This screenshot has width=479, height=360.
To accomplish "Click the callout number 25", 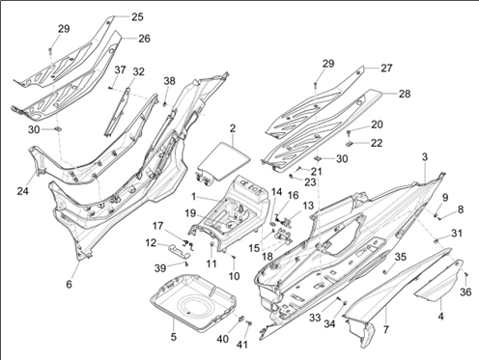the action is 137,16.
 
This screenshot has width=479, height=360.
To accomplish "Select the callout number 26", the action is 144,39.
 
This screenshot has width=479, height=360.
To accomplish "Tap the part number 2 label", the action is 233,128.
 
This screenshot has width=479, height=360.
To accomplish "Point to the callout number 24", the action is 23,191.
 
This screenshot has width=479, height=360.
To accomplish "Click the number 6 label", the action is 70,284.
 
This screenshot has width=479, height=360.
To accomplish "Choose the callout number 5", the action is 174,337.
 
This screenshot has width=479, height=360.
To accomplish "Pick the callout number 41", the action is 242,345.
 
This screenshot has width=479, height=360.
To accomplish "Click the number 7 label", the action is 386,329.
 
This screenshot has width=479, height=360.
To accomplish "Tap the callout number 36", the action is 465,291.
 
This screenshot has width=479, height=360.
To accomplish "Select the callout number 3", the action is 425,157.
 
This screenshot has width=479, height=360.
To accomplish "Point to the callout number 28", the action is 405,94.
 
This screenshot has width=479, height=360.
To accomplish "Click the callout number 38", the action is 169,81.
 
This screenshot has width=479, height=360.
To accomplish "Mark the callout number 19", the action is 190,213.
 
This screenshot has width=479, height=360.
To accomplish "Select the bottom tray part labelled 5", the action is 193,302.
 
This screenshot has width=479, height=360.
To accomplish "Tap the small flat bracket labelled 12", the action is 178,250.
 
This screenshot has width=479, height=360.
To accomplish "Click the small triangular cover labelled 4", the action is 439,282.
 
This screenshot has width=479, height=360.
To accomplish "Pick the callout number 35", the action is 401,257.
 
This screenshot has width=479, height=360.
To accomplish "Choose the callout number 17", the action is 157,226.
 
